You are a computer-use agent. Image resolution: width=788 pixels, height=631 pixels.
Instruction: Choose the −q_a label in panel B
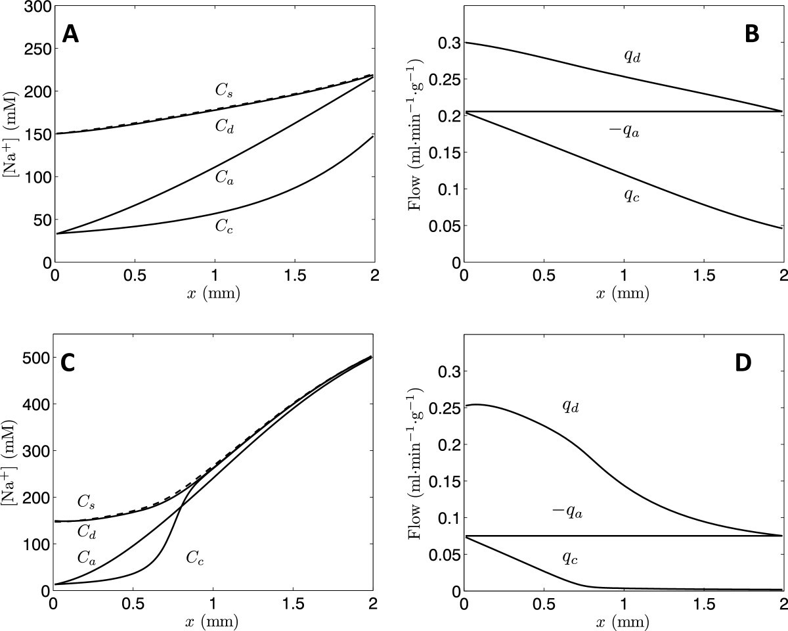[624, 131]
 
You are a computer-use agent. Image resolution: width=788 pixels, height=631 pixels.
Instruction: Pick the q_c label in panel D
[570, 559]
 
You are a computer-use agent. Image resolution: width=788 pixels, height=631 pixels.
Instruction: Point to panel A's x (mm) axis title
[213, 293]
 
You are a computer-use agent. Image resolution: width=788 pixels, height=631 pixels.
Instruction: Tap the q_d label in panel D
[570, 406]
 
